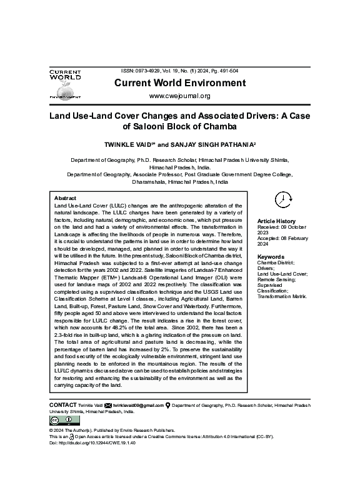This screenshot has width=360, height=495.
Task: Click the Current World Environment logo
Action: [x=65, y=85]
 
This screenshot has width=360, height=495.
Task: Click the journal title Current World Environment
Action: [x=179, y=83]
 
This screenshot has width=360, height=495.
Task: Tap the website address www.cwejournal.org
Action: [x=179, y=96]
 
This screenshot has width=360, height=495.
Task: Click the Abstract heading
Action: [x=66, y=197]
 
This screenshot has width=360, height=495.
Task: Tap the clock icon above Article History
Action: [x=282, y=199]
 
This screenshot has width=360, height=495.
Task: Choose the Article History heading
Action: [x=277, y=222]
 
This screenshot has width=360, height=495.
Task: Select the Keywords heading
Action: [x=271, y=257]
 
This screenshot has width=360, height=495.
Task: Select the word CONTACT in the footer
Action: [x=62, y=406]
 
